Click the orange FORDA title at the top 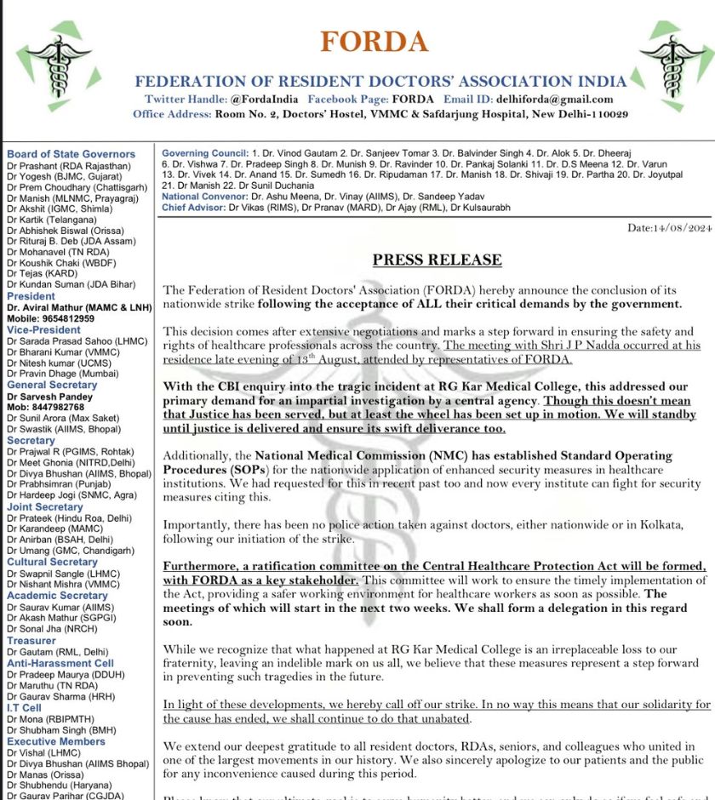pos(374,42)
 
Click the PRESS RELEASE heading pos(437,260)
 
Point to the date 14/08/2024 pos(668,227)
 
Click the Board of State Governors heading pos(71,154)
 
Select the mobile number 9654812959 pos(71,318)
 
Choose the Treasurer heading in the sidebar pos(31,640)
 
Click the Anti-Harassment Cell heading pos(60,663)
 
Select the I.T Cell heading pos(24,707)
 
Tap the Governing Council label pos(203,153)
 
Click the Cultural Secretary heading pos(52,563)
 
